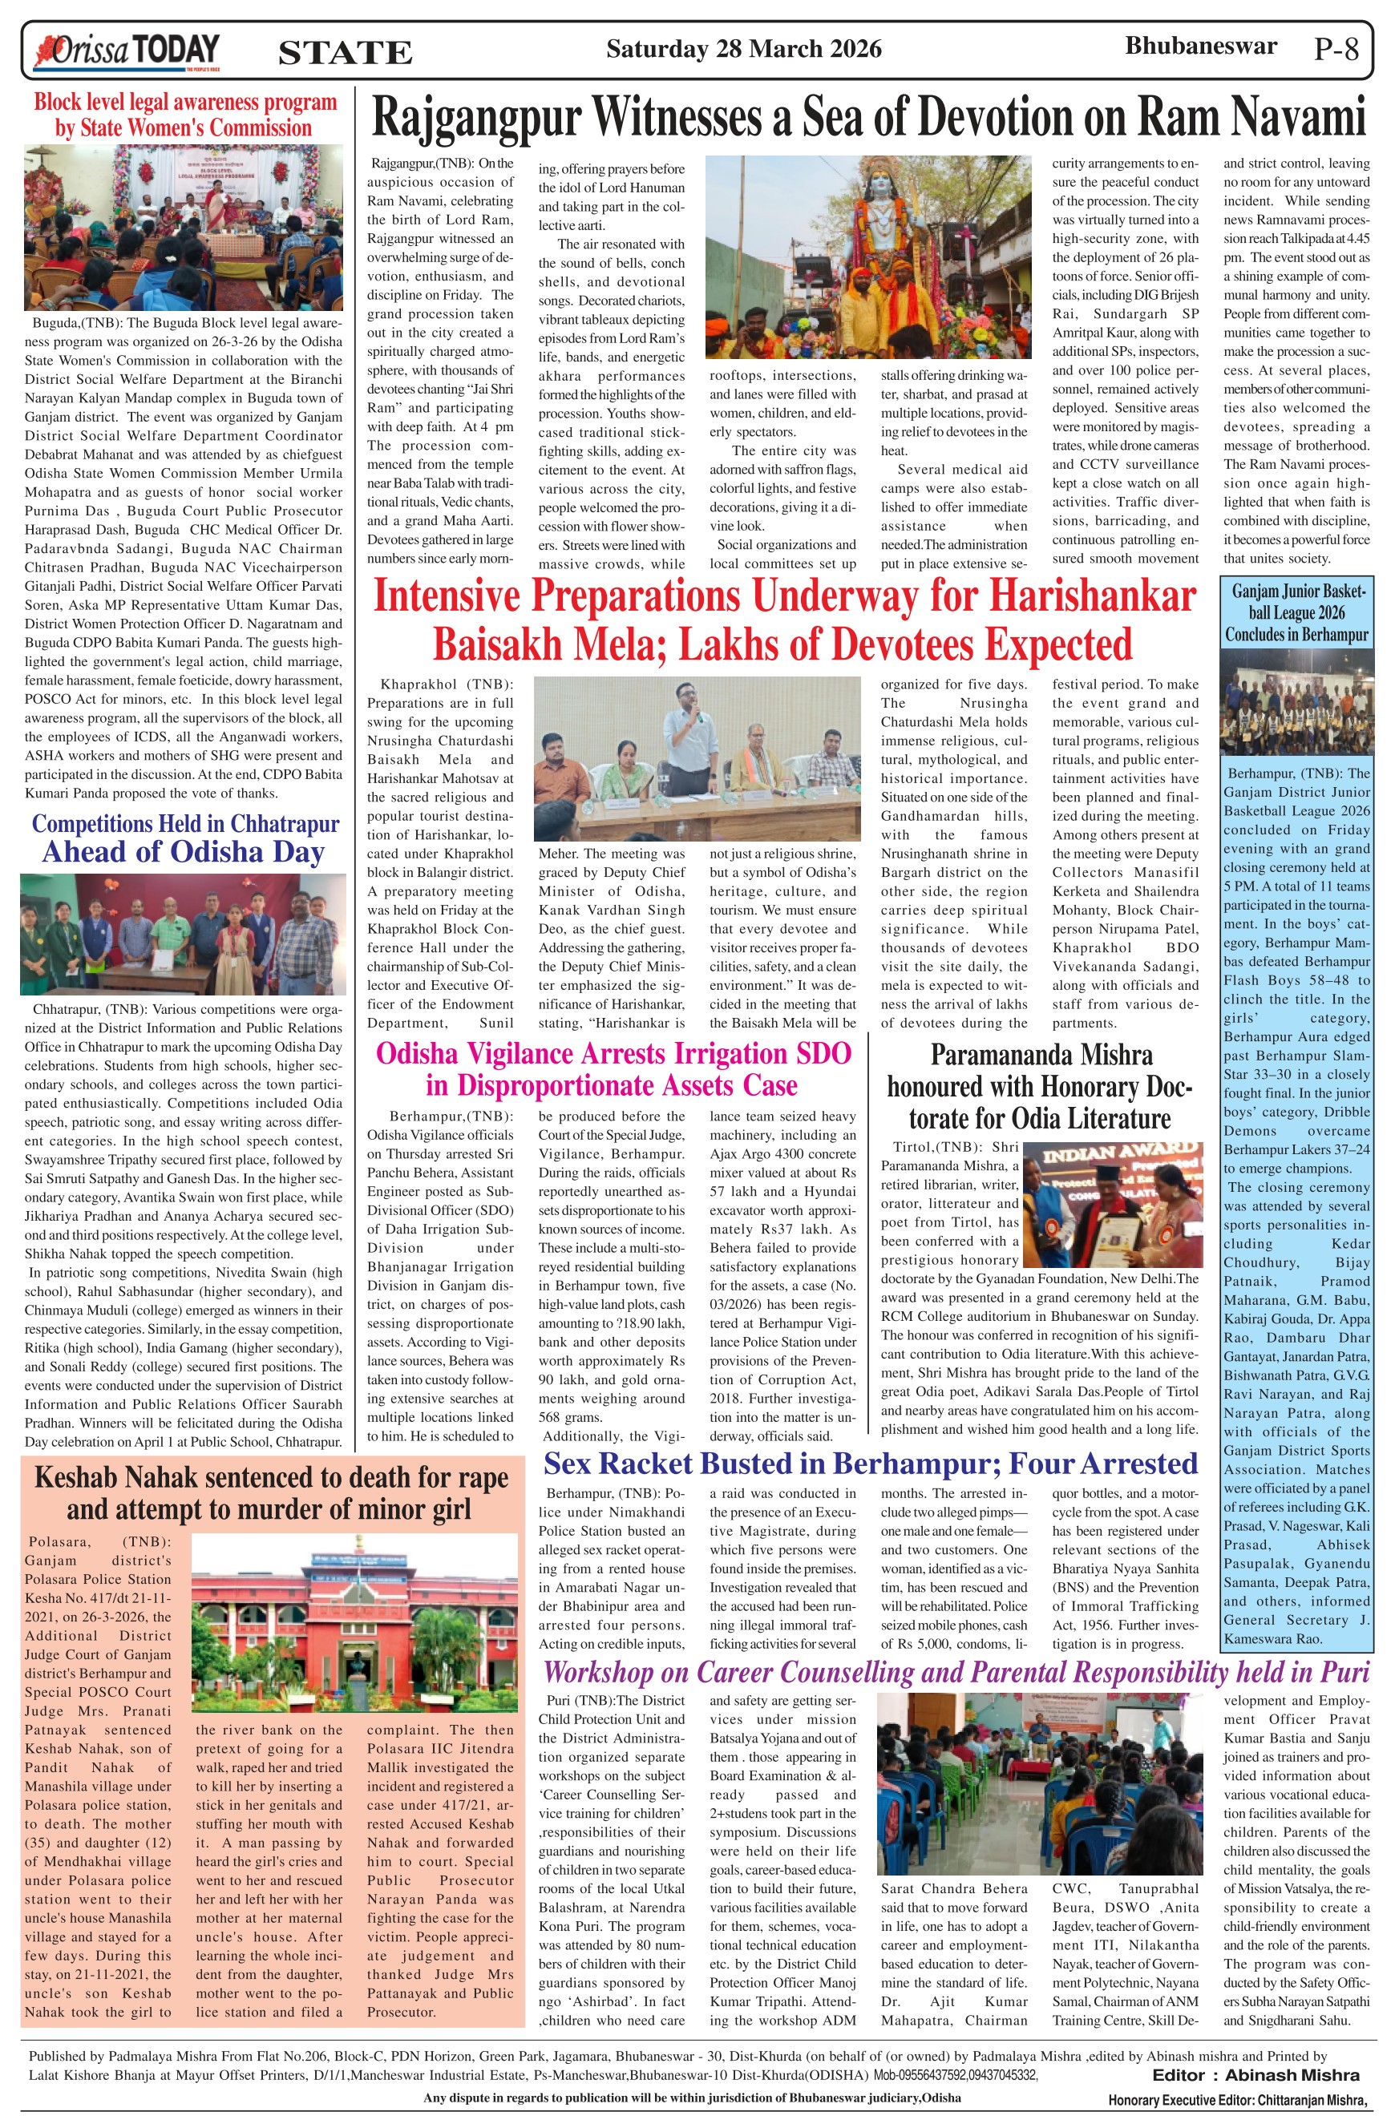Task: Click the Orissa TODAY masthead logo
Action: coord(125,51)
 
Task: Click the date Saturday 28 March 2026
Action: coord(743,49)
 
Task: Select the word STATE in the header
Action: coord(346,53)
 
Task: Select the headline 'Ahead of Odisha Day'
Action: coord(184,851)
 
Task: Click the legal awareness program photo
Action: coord(184,226)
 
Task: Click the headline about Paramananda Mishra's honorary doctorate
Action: coord(1040,1085)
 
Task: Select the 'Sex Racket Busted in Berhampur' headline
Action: coord(870,1463)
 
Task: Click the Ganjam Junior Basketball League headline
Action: coord(1296,613)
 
